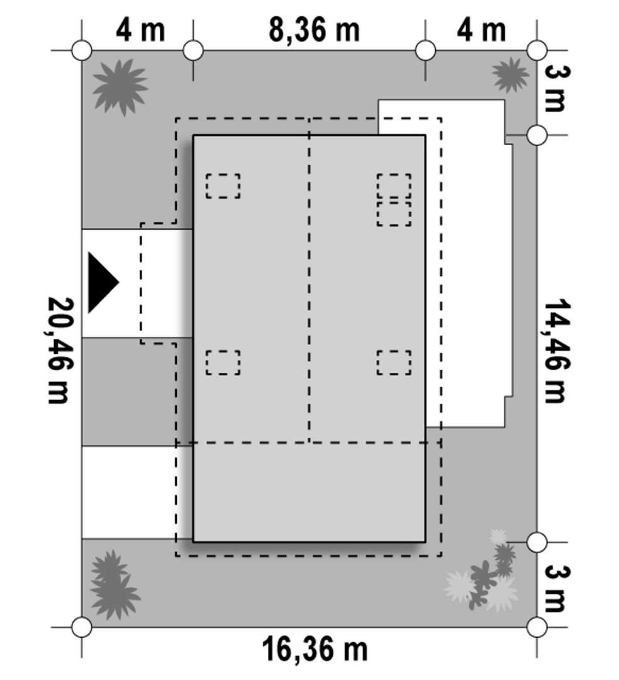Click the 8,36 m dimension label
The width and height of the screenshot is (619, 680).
click(314, 30)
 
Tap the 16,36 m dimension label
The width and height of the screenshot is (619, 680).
click(315, 649)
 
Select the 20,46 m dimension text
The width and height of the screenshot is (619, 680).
click(59, 351)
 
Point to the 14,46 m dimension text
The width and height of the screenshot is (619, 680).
click(555, 351)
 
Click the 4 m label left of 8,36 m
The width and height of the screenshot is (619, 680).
click(140, 30)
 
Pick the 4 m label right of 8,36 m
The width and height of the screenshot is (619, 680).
click(481, 30)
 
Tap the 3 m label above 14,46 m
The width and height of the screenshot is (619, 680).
click(555, 89)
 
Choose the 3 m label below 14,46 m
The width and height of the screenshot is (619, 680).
click(555, 588)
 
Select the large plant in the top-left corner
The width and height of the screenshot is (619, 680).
click(120, 87)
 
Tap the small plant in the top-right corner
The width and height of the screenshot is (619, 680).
click(510, 75)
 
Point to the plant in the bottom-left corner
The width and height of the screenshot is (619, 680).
click(114, 584)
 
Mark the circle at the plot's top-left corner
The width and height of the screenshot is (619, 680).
click(81, 50)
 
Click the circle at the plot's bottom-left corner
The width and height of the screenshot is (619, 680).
click(81, 627)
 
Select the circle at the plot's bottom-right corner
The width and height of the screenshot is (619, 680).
click(537, 627)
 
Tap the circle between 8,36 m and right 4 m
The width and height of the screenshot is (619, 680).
click(425, 50)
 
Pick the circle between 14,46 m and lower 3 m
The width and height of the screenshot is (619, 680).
click(537, 542)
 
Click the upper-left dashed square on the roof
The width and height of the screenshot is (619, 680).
click(223, 186)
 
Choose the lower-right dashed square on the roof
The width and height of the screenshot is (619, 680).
click(394, 362)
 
